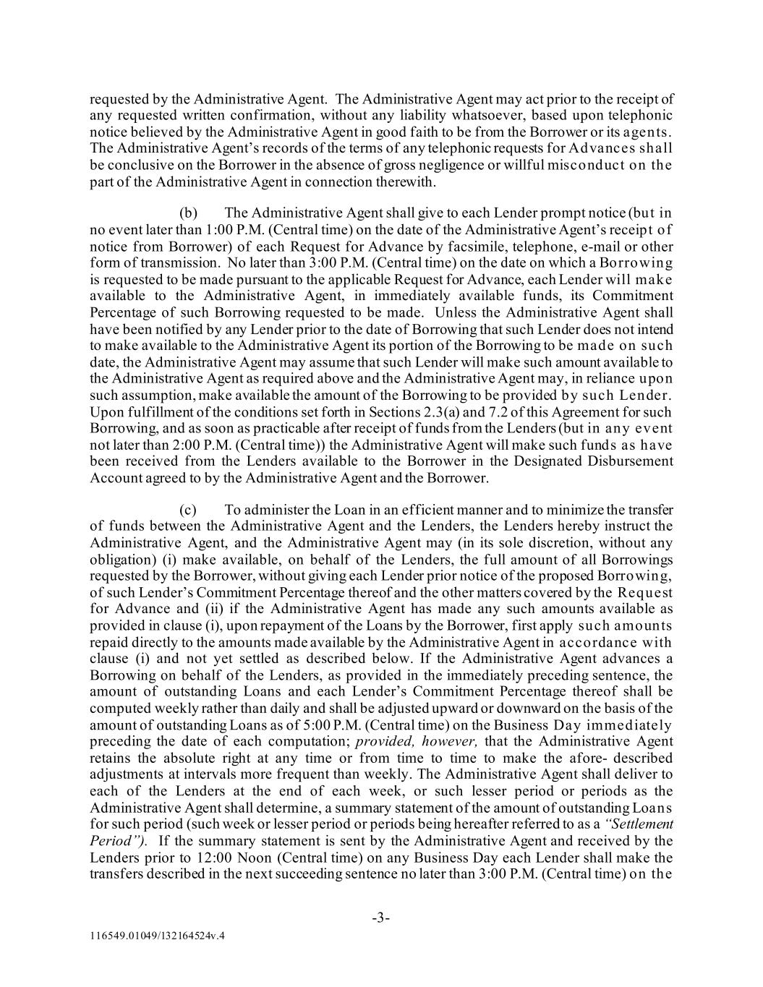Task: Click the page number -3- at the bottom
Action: tap(381, 918)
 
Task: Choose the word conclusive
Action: tap(140, 165)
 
